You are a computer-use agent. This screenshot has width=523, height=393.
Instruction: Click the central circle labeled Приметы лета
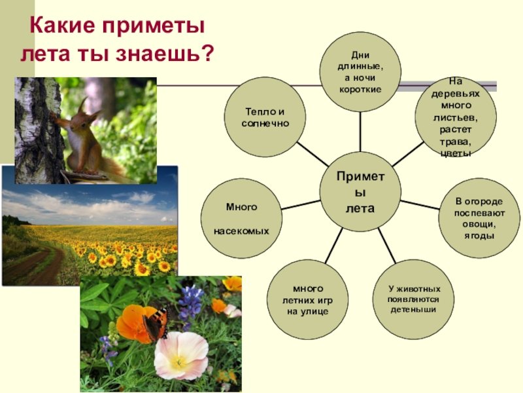pyautogui.click(x=360, y=192)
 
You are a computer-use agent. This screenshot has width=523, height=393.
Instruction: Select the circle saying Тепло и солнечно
pyautogui.click(x=265, y=117)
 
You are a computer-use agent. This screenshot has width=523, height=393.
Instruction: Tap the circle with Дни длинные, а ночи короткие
pyautogui.click(x=360, y=72)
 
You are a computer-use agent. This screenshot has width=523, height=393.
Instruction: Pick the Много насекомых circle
pyautogui.click(x=241, y=219)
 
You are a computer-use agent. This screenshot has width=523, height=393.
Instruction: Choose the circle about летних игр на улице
pyautogui.click(x=307, y=300)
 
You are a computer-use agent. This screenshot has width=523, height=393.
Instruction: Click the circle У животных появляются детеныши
pyautogui.click(x=414, y=299)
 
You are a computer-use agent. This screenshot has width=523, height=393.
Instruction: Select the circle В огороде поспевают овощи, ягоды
pyautogui.click(x=479, y=218)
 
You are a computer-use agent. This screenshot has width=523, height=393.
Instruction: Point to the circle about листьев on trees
pyautogui.click(x=456, y=117)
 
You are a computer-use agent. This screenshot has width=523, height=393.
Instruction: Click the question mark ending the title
pyautogui.click(x=207, y=52)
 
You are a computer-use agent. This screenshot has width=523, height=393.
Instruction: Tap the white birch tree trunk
pyautogui.click(x=37, y=130)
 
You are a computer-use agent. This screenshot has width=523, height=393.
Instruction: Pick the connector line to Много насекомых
pyautogui.click(x=301, y=205)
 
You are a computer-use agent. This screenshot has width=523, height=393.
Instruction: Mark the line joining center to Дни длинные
pyautogui.click(x=360, y=132)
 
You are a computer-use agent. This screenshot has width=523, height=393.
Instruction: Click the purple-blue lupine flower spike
pyautogui.click(x=191, y=303)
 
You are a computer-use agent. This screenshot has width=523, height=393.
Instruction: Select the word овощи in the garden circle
pyautogui.click(x=479, y=224)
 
